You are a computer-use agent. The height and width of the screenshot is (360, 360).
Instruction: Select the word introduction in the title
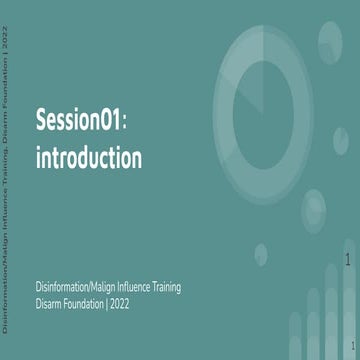88,157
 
